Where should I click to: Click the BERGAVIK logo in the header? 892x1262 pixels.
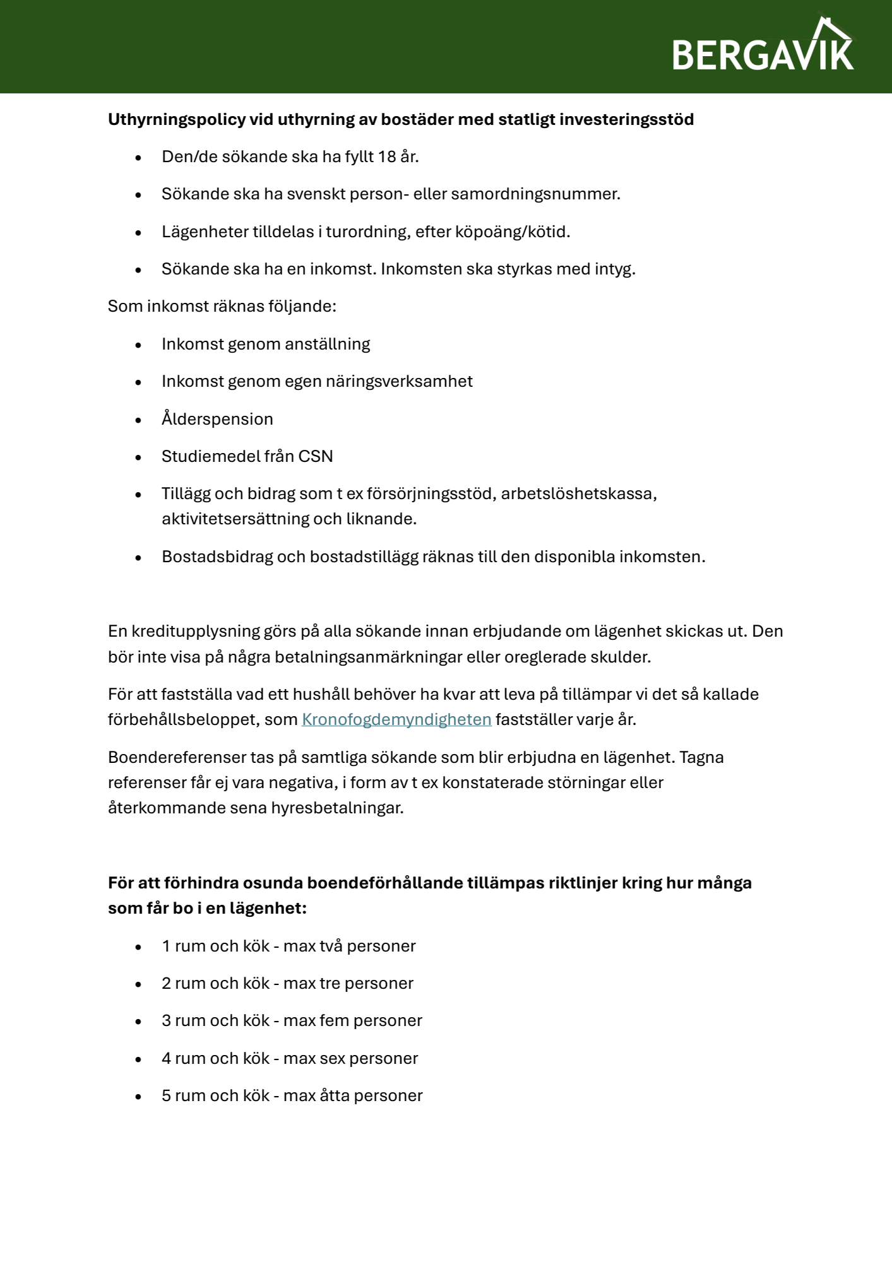click(763, 47)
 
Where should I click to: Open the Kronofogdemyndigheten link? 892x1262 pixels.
click(396, 719)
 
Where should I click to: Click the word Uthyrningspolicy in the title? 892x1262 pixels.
click(177, 119)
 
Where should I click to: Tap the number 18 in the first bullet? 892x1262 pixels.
click(386, 156)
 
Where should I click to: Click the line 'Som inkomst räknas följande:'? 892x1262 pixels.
click(222, 306)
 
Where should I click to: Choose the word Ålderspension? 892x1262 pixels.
click(217, 419)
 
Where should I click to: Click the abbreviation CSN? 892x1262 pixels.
click(316, 456)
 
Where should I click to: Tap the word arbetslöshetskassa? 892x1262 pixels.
click(579, 493)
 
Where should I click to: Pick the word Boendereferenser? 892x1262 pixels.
click(177, 757)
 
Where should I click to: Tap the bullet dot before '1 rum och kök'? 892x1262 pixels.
click(138, 946)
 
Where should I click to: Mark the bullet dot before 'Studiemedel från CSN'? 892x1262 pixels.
click(138, 457)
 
